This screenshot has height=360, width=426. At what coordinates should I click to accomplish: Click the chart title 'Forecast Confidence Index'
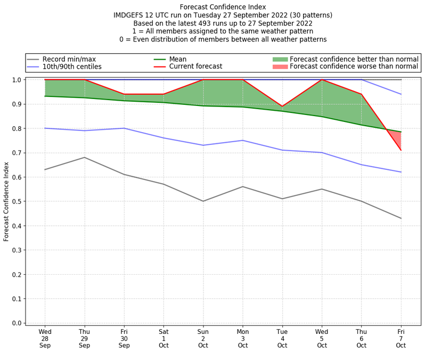point(223,7)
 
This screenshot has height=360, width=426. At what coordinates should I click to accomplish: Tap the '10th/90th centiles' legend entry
point(72,67)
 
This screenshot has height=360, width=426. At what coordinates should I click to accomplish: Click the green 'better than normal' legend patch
point(280,59)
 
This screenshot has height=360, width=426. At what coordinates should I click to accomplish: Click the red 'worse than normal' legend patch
point(280,67)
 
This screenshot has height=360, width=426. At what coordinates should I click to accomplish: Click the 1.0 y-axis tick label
point(16,80)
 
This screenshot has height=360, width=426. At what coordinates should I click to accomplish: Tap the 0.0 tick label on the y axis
point(16,323)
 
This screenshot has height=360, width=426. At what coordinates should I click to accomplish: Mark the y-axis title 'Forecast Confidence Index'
point(6,201)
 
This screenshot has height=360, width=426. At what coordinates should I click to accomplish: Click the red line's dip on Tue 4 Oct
point(282,107)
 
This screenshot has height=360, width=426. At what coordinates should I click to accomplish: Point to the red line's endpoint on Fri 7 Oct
point(401,150)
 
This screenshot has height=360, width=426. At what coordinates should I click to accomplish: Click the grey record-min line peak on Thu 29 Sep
point(85,157)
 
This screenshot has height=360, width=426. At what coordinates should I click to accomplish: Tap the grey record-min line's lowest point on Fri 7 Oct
point(401,218)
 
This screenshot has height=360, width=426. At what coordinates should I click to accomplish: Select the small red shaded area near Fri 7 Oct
point(398,140)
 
